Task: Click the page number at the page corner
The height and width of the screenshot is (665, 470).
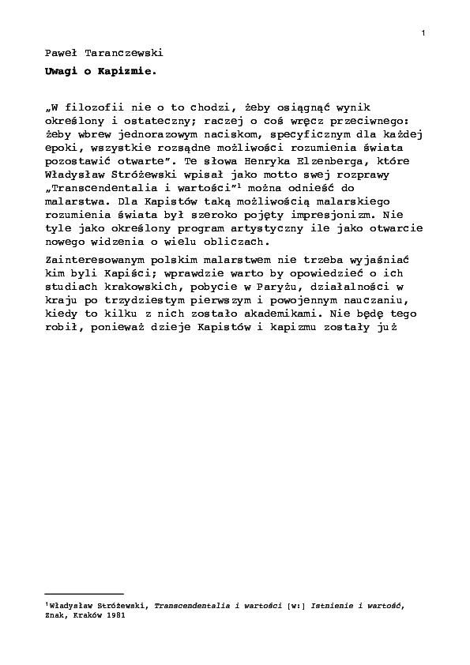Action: coord(424,32)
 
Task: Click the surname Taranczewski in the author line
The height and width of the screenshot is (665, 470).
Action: coord(123,54)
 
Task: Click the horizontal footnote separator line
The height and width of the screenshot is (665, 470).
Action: coord(85,593)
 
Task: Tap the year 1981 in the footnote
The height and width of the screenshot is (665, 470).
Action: coord(115,618)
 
